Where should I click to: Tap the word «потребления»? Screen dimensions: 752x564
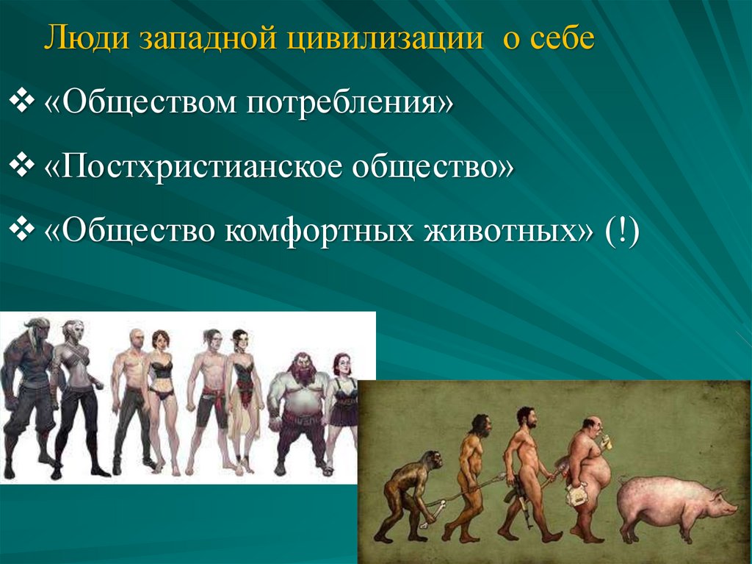349,102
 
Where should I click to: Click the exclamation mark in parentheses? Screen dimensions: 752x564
622,231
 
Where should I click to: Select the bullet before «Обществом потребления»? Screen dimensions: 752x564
21,101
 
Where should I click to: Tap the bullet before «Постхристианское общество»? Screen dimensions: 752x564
21,165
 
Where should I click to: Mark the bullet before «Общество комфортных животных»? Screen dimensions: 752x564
21,230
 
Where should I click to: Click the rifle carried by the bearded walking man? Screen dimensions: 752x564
522,499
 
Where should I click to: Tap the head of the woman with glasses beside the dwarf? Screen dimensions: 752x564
343,365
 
